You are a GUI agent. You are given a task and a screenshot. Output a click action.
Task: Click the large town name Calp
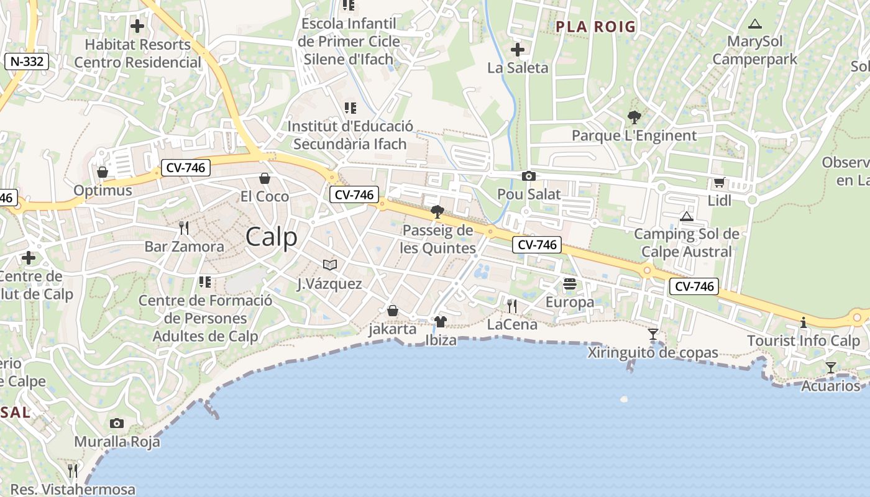point(272,237)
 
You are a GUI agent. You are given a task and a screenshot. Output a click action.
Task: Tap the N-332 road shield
point(26,62)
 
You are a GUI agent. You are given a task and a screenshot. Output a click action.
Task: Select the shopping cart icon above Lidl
point(719,182)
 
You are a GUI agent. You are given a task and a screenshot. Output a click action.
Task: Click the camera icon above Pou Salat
point(529,176)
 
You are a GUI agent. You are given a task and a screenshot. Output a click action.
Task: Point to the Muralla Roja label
point(117,442)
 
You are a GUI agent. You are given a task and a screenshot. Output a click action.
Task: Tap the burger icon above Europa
point(570,285)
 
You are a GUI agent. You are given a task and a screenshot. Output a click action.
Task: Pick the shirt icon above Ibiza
point(441,322)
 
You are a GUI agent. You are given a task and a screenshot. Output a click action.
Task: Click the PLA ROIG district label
point(596,27)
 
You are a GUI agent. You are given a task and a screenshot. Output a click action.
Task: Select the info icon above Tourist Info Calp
point(804,322)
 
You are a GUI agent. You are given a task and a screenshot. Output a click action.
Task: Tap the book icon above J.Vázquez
point(329,265)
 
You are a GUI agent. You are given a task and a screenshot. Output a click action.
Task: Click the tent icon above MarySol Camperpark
point(755,24)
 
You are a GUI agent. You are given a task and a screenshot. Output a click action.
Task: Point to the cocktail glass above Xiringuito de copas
point(652,334)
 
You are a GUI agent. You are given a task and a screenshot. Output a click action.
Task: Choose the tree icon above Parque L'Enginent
point(634,117)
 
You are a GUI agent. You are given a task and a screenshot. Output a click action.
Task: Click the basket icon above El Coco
point(265,178)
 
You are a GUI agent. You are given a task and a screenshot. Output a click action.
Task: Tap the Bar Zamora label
point(185,247)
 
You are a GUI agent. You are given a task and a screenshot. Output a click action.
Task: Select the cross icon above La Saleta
point(517,50)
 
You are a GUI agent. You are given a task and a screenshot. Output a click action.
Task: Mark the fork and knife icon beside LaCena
point(511,306)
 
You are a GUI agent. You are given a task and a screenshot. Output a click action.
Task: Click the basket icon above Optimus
point(103,171)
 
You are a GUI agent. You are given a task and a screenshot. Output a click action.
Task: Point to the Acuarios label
point(830,386)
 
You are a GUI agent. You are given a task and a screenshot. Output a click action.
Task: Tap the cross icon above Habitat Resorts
point(137,26)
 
